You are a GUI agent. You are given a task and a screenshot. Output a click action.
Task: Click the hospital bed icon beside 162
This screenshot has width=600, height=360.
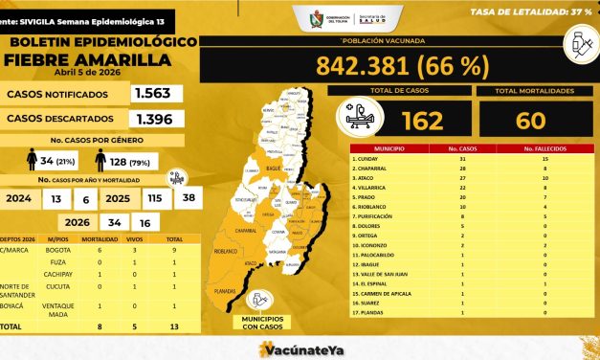pyautogui.click(x=359, y=119)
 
